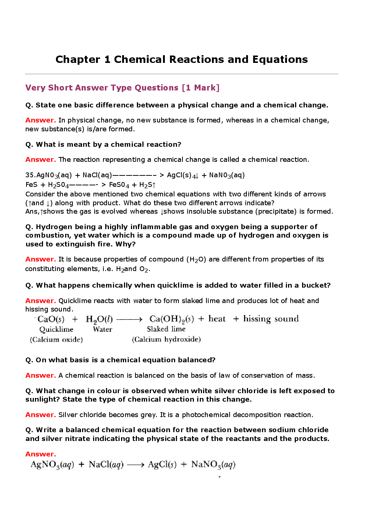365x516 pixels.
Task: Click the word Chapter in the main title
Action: (x=78, y=60)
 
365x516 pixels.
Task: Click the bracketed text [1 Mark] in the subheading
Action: (x=201, y=88)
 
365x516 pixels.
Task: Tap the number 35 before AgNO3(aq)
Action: (x=29, y=175)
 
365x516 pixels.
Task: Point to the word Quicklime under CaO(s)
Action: (x=56, y=330)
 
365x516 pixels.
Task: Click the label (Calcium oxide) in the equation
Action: (x=56, y=339)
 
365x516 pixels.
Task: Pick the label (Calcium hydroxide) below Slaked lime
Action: (x=166, y=339)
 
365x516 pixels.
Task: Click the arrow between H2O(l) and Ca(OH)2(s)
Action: (x=129, y=319)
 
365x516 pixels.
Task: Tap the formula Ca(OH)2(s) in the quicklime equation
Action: (x=171, y=319)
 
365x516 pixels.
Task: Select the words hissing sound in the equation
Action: (x=271, y=319)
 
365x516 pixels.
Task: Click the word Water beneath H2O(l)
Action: (x=103, y=330)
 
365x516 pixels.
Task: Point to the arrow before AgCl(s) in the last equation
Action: (x=135, y=465)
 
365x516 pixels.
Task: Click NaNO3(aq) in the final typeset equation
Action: (x=213, y=465)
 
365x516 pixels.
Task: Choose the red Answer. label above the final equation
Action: (x=40, y=454)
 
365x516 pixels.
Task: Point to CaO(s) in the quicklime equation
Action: (x=51, y=319)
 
